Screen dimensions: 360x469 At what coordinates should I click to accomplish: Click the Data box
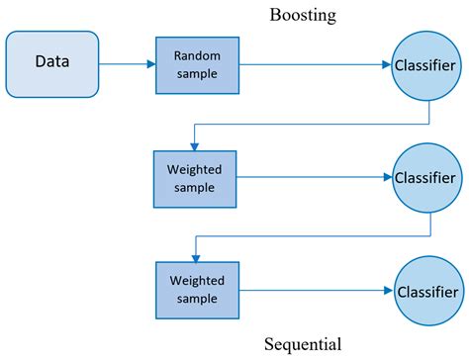52,64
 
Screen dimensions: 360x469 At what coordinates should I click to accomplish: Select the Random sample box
197,64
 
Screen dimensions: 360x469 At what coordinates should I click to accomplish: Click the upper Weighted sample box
194,178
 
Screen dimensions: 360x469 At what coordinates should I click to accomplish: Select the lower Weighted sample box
195,291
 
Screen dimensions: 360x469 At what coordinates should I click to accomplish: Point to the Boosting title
303,15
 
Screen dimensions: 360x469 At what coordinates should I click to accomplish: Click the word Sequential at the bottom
303,345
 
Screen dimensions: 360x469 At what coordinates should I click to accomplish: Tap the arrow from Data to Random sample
127,64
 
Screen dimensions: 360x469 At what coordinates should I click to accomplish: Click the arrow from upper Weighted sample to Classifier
312,179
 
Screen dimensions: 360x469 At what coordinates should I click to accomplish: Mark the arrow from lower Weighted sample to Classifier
312,292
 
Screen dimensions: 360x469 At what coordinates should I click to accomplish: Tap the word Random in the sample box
197,55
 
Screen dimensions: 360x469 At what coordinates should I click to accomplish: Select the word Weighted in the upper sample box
194,169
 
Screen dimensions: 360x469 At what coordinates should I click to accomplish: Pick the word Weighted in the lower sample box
195,282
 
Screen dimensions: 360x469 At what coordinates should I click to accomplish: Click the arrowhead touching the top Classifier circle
387,65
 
